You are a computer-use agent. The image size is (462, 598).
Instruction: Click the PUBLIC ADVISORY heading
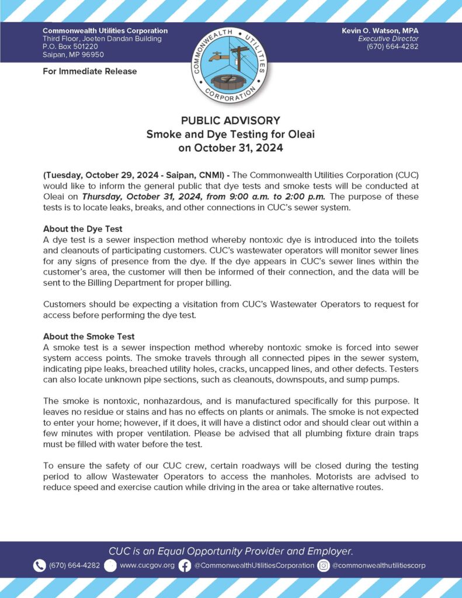click(231, 121)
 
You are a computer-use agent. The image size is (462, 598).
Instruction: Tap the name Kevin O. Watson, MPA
click(380, 30)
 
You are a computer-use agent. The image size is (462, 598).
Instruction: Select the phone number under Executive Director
click(392, 47)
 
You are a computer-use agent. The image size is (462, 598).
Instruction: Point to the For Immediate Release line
click(89, 71)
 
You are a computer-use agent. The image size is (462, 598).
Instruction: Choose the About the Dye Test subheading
click(82, 228)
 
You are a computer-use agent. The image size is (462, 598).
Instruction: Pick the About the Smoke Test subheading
click(89, 336)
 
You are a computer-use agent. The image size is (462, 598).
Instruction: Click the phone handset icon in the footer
click(39, 565)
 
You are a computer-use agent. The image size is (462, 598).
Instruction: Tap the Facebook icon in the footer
click(185, 565)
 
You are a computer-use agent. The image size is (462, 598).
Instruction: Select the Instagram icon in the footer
click(324, 565)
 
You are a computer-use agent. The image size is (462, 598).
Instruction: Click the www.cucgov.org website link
click(147, 565)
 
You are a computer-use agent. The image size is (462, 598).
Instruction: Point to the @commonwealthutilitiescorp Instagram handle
click(379, 565)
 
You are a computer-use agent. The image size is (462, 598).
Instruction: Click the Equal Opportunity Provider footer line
click(231, 551)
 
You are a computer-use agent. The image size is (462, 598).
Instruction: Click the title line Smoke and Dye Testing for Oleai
click(231, 134)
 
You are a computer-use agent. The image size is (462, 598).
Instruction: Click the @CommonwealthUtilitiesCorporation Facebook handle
click(254, 565)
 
